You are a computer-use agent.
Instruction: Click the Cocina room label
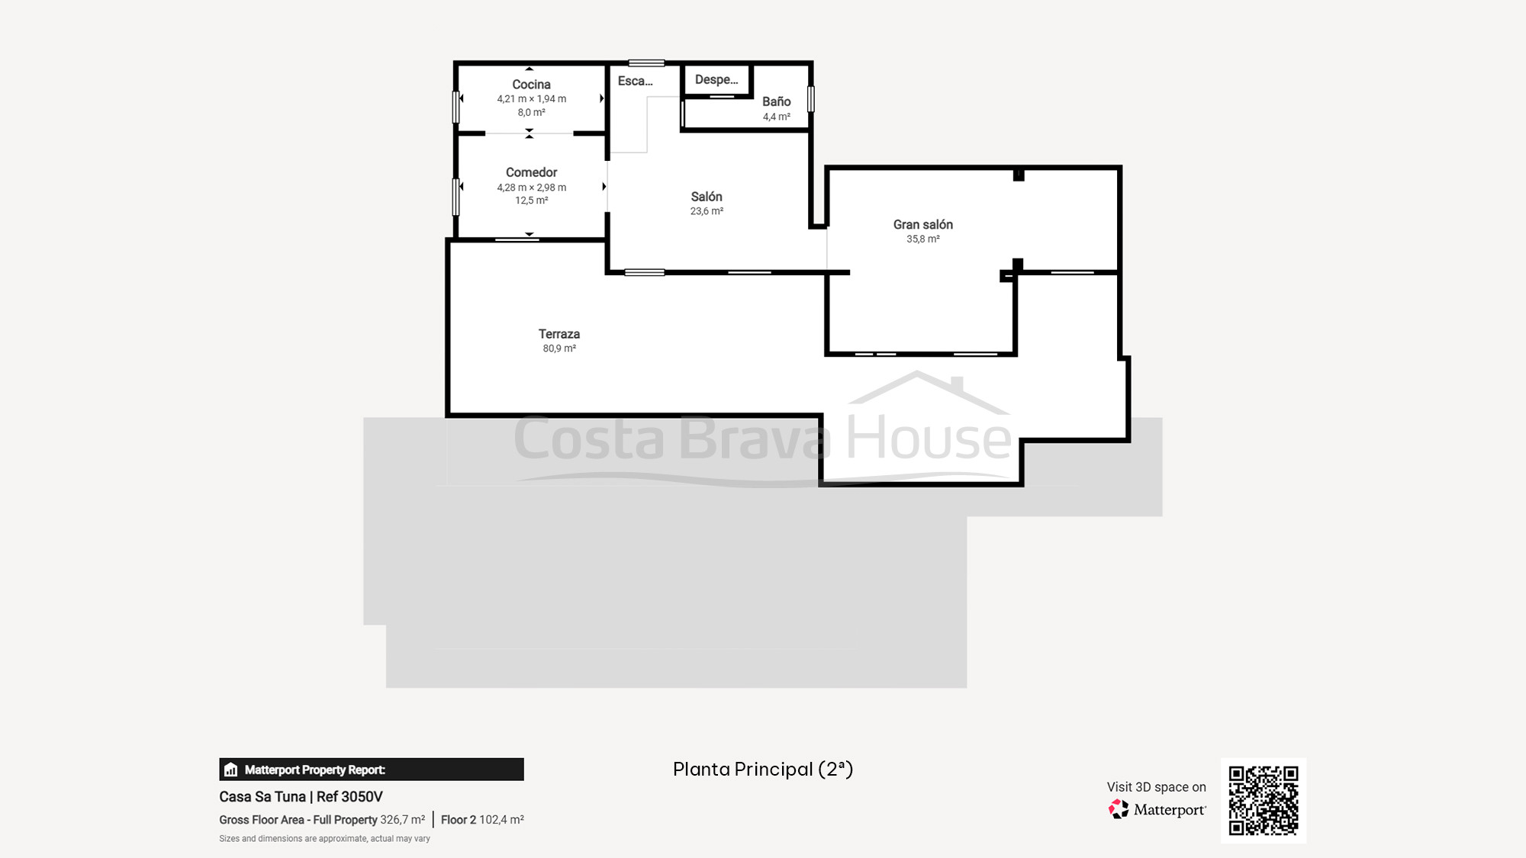click(531, 85)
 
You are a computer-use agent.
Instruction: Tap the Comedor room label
click(531, 172)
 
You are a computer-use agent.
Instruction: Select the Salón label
click(707, 197)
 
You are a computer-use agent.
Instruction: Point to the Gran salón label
click(923, 224)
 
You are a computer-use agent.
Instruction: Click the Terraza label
click(559, 334)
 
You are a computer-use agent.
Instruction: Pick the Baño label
click(777, 101)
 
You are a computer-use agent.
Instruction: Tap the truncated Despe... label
click(716, 79)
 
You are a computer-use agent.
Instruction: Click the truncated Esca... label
click(636, 81)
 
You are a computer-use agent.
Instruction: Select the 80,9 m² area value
click(559, 349)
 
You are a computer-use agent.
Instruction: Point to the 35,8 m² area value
click(923, 239)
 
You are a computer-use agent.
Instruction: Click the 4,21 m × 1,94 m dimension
click(532, 99)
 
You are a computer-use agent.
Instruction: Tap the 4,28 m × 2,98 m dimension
click(532, 188)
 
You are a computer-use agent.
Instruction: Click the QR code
click(1264, 801)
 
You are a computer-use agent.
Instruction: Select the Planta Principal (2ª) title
click(763, 770)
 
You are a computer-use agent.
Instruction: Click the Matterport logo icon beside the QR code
click(1119, 809)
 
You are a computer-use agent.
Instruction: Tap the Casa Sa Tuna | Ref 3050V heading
click(301, 797)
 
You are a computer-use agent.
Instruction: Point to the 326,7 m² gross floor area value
click(403, 820)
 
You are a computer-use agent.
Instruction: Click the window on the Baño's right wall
click(811, 99)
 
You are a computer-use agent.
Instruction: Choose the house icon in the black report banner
click(231, 770)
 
